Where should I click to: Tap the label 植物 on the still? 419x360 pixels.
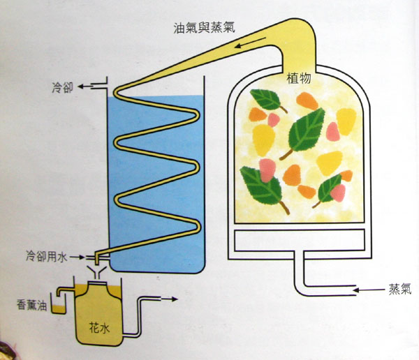coord(299,79)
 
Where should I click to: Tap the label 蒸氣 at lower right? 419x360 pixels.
coord(399,290)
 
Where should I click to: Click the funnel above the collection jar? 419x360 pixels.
coord(97,269)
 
